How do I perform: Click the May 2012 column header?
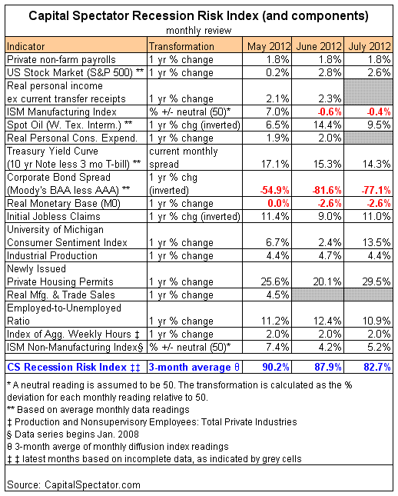(269, 46)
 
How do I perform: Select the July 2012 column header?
(370, 46)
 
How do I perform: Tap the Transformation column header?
(181, 46)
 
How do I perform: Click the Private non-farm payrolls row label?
(61, 60)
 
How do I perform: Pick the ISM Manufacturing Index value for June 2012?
(330, 112)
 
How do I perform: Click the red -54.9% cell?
(275, 191)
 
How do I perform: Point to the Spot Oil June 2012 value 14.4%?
(327, 125)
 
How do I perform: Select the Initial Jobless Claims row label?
(54, 217)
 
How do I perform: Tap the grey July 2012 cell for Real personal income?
(368, 92)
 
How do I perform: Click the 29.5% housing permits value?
(376, 282)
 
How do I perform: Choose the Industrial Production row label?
(52, 255)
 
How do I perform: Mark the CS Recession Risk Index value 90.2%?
(276, 368)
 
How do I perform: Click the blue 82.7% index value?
(377, 368)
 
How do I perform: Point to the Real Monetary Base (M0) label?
(64, 203)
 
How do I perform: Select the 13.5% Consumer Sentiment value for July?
(376, 243)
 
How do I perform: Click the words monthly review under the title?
(199, 31)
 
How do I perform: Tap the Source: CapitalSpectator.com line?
(74, 485)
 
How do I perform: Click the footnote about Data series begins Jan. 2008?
(73, 434)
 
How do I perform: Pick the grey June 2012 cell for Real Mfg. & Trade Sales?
(318, 295)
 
